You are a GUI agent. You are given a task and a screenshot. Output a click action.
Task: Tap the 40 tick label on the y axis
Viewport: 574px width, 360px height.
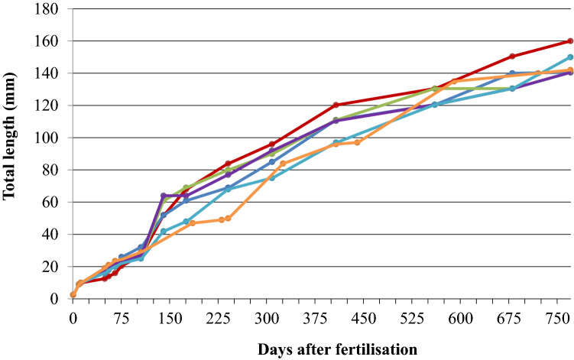(x=53, y=235)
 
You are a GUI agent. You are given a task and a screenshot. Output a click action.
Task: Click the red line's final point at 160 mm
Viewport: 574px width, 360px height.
(x=570, y=41)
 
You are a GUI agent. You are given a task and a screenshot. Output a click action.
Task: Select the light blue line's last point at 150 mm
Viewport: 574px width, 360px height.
(x=570, y=57)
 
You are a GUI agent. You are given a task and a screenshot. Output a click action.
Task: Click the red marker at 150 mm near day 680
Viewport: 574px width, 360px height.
(x=512, y=57)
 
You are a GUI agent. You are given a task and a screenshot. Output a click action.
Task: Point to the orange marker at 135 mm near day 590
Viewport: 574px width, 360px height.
(x=453, y=81)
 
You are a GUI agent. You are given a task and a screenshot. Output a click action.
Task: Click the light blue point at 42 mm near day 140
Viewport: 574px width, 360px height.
(x=164, y=231)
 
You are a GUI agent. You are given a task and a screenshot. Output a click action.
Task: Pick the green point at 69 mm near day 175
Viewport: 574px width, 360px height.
(x=186, y=187)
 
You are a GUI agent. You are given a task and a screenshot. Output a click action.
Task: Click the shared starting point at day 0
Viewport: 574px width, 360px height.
(x=73, y=294)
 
